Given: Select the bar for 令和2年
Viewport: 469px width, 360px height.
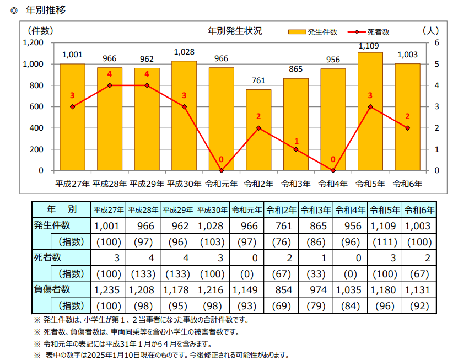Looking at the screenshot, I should click(x=258, y=130).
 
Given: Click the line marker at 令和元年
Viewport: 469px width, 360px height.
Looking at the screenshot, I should click(x=222, y=170).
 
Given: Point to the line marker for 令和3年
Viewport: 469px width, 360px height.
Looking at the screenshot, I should click(x=296, y=149).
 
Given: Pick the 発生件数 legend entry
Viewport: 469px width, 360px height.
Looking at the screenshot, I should click(x=313, y=32).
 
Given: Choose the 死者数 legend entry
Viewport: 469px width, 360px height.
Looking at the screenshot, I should click(x=369, y=32).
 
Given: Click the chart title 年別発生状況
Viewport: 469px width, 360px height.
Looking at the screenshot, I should click(x=235, y=31).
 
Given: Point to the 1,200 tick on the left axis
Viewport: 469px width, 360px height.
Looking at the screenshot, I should click(x=34, y=42).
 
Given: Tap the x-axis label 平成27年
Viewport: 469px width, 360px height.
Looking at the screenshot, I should click(x=72, y=183).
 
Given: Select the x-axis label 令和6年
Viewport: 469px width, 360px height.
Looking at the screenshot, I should click(x=407, y=183).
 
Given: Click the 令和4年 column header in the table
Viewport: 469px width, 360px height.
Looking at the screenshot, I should click(x=350, y=210).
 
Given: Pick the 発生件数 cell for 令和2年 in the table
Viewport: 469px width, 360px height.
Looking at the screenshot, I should click(x=281, y=226).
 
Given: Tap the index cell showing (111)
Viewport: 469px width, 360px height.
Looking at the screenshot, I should click(x=384, y=241).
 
